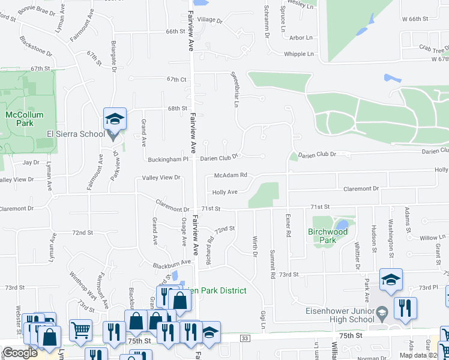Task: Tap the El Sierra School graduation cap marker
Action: (114, 119)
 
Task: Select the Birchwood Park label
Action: (328, 236)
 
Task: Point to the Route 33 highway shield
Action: (244, 339)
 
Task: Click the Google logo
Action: (20, 353)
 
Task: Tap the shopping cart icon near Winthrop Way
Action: (80, 329)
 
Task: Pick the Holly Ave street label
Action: (225, 193)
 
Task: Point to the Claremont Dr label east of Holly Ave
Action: (361, 188)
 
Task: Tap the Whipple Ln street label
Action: (298, 54)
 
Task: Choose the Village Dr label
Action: (210, 20)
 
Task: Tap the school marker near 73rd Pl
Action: (391, 279)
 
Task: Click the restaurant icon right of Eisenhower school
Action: (406, 308)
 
